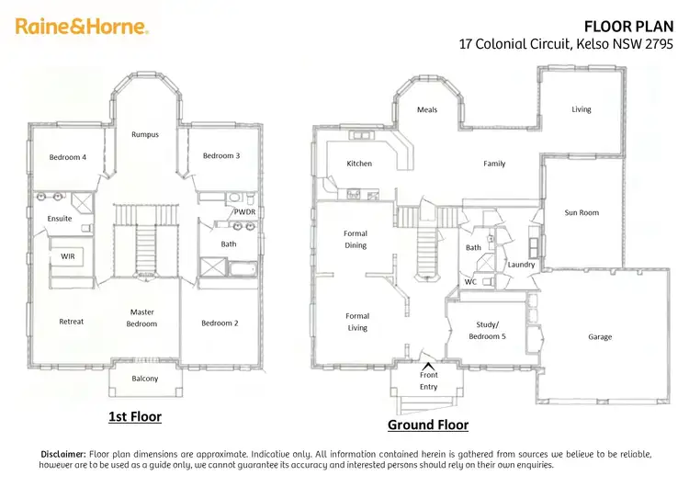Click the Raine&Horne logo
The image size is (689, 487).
point(81,27)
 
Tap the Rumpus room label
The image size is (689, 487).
point(144,134)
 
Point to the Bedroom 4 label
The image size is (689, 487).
point(68,157)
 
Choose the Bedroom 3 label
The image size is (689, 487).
point(221,155)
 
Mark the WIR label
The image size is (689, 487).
point(68,256)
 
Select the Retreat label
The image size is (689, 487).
point(71,322)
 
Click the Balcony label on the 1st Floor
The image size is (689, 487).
point(144,379)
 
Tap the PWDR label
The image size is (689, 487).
point(244,211)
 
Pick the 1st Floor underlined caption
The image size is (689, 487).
point(134,416)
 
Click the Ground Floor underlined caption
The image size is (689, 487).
point(427,425)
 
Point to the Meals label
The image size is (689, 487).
point(427,109)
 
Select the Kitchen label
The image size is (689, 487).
point(359,164)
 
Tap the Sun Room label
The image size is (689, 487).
point(582,212)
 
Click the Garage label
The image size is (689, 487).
point(600,336)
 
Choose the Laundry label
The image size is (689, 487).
point(521,265)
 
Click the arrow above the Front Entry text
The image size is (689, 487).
point(428,366)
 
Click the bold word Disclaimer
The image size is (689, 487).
point(63,454)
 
